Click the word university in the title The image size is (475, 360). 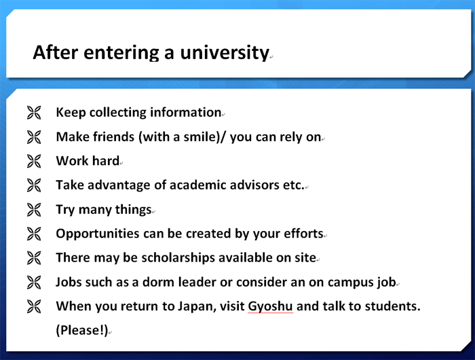(x=225, y=53)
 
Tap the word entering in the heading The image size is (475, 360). (x=121, y=53)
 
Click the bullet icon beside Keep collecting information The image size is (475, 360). (x=34, y=113)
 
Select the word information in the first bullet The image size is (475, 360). (x=186, y=112)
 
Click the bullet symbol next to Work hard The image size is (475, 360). (x=34, y=161)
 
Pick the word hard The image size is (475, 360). (x=106, y=161)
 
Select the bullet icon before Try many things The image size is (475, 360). (x=34, y=210)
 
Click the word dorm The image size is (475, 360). (x=158, y=282)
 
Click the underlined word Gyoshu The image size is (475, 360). (x=270, y=306)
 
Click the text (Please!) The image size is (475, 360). (x=82, y=330)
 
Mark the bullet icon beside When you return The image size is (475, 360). (x=34, y=306)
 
